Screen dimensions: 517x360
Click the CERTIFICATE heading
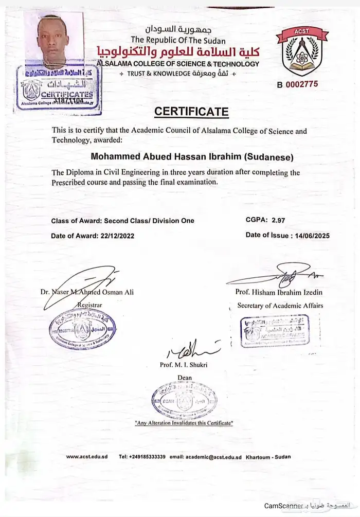[191, 111]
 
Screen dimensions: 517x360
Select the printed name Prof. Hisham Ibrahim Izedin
[280, 292]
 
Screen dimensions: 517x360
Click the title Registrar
[89, 305]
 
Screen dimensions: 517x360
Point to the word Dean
[184, 378]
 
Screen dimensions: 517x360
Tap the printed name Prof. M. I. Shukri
[184, 365]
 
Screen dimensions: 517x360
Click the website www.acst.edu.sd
[87, 456]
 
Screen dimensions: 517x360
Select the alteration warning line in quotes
[184, 422]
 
